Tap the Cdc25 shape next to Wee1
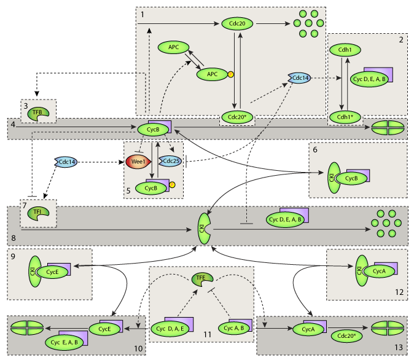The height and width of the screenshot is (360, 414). click(170, 161)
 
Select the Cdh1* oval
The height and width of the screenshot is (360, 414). click(345, 116)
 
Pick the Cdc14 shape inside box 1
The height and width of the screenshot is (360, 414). click(299, 78)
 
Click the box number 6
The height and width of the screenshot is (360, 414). click(314, 149)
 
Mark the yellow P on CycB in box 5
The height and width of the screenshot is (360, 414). click(172, 184)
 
